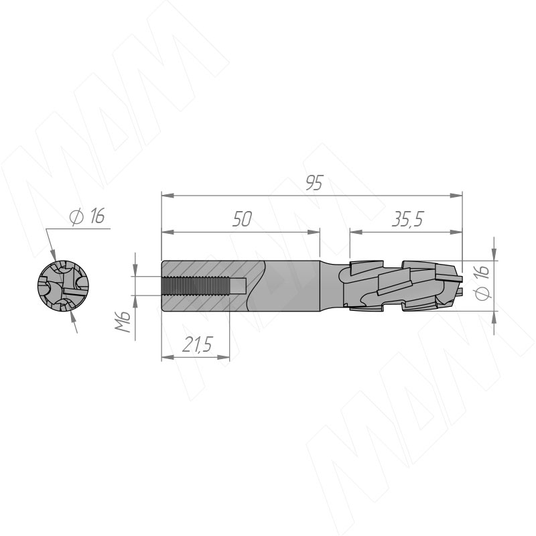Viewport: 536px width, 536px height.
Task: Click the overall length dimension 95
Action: click(x=314, y=183)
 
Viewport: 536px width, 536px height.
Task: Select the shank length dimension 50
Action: click(x=242, y=219)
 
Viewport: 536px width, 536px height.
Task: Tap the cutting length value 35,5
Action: click(x=407, y=220)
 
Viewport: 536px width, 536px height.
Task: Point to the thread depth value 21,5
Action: click(x=197, y=344)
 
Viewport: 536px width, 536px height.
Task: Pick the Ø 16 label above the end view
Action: click(x=87, y=216)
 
